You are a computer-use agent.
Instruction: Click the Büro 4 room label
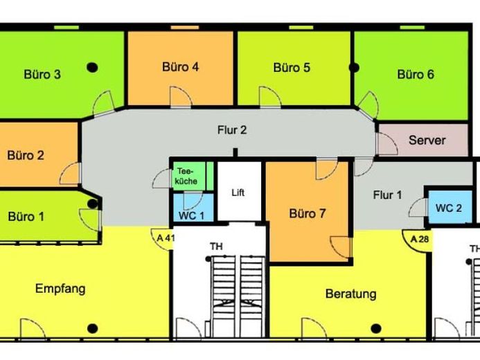tap(180, 67)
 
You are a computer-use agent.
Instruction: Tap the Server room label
tap(427, 140)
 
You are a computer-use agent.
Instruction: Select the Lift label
tap(238, 192)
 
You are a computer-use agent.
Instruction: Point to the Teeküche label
tap(186, 176)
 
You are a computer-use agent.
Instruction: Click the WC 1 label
tap(191, 215)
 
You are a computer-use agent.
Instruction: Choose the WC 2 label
tap(449, 208)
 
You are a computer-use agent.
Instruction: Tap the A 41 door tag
tap(166, 237)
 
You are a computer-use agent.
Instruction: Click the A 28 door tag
tap(419, 239)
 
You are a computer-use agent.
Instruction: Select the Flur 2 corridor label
tap(232, 130)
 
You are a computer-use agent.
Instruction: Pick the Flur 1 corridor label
tap(387, 195)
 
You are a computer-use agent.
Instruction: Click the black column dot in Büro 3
tap(92, 67)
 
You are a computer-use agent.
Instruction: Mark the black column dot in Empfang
tap(92, 328)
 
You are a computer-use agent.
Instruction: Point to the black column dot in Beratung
tap(376, 328)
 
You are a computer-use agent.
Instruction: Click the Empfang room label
tap(60, 289)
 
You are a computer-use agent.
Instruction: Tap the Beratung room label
tap(350, 294)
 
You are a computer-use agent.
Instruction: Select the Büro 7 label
tap(308, 213)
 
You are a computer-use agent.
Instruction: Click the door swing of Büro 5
tap(269, 97)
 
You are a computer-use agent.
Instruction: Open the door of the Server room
tap(388, 144)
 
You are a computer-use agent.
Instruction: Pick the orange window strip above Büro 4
tap(185, 28)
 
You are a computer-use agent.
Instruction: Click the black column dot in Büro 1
tap(92, 204)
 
